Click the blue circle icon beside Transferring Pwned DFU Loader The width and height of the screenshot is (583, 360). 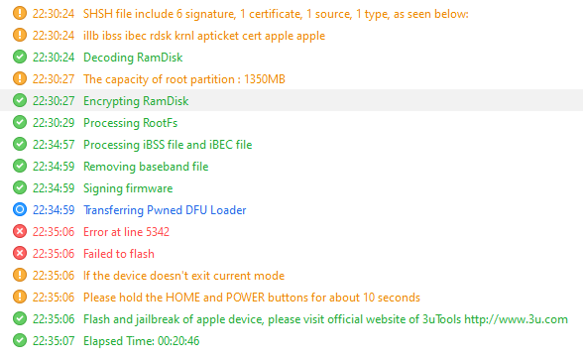click(x=20, y=210)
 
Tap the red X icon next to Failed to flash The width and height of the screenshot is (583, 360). click(x=20, y=253)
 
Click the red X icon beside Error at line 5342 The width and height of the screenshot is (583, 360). click(x=20, y=231)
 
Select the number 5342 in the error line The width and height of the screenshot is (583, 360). click(x=158, y=232)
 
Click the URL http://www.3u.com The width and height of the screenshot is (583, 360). click(x=516, y=319)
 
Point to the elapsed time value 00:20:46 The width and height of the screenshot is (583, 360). click(x=178, y=341)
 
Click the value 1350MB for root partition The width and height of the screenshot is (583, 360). click(x=265, y=79)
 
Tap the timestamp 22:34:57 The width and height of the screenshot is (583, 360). click(x=54, y=145)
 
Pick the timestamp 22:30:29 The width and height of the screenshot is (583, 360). click(x=54, y=123)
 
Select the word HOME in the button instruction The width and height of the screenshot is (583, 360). click(x=182, y=298)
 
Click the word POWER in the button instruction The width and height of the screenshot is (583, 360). click(x=246, y=298)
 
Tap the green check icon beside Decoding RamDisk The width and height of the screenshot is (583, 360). click(x=20, y=57)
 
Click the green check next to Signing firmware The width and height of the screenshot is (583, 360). click(x=20, y=187)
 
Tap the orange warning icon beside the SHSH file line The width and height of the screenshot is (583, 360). click(x=20, y=14)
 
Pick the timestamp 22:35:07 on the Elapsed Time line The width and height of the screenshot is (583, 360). click(x=54, y=341)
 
